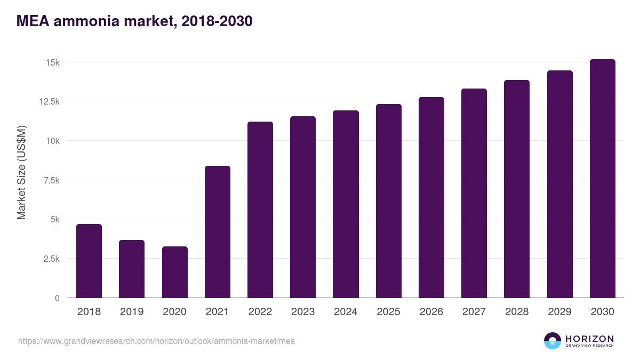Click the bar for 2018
coord(89,261)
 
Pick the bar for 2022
coord(260,210)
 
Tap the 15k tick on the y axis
coord(52,62)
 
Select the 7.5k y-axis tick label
coord(51,180)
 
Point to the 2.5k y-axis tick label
coord(51,259)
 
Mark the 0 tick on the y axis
coord(57,298)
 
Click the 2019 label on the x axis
coord(132,312)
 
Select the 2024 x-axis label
coord(346,312)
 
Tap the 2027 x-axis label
coord(474,312)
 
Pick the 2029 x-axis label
coord(559,312)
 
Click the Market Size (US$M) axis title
coord(21,173)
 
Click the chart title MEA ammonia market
coord(134,21)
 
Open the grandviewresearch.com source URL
coord(156,341)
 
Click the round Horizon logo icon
coord(553,341)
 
